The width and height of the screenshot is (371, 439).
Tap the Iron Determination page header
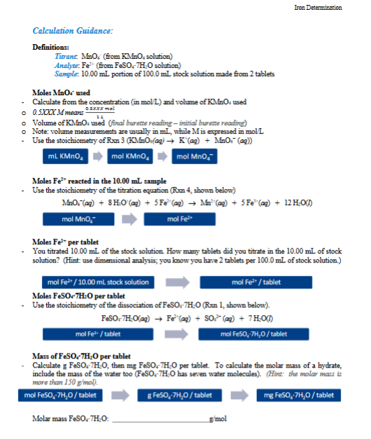(318, 7)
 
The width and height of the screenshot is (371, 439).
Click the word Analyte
(65, 63)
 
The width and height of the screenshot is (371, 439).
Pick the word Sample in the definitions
(65, 71)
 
